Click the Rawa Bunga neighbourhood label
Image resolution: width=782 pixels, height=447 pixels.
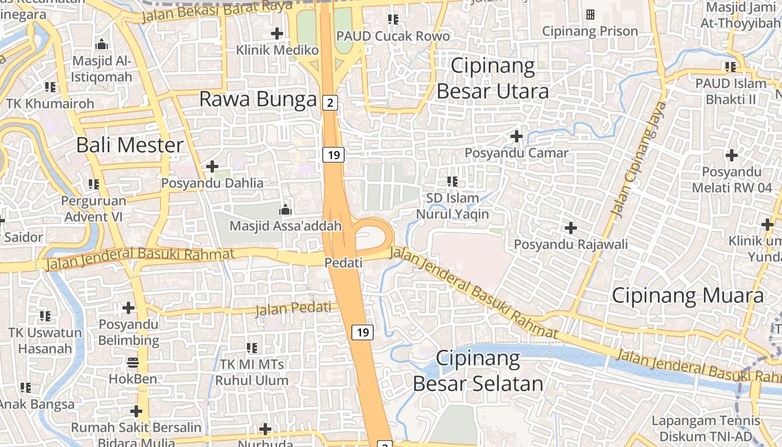(258, 99)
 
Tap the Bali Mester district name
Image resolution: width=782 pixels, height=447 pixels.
(130, 145)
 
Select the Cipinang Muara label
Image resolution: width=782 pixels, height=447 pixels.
(688, 296)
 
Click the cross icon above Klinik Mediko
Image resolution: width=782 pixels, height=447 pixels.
(277, 34)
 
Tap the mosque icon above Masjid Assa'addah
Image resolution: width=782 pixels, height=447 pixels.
(285, 210)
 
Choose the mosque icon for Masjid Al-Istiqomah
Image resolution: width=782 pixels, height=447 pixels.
(102, 44)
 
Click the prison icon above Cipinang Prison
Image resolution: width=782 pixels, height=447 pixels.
(590, 15)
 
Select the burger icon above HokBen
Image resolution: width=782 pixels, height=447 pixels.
(132, 363)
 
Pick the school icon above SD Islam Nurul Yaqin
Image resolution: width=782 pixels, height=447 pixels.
(452, 181)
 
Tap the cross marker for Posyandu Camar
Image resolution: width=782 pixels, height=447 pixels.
(517, 136)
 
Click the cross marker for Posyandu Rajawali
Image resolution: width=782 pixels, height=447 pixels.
(571, 228)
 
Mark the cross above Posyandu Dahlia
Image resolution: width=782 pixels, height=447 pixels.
(212, 166)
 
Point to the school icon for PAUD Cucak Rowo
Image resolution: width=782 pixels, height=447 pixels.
(393, 20)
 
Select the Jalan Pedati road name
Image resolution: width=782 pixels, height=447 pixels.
(293, 308)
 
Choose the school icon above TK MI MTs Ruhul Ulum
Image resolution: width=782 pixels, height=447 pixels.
(252, 348)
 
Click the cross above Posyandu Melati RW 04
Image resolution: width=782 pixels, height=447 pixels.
(732, 155)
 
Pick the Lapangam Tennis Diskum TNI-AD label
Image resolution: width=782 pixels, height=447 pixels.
(706, 428)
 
